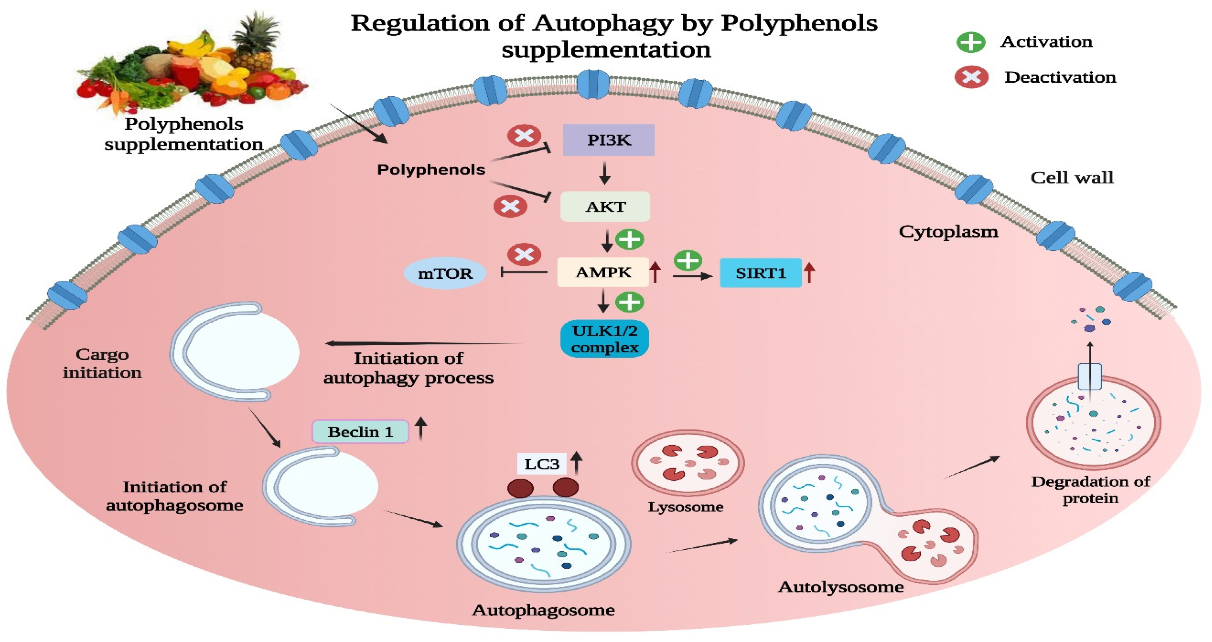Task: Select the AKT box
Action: point(605,207)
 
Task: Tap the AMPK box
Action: point(603,272)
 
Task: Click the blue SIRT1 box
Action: point(760,273)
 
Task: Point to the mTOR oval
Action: point(445,273)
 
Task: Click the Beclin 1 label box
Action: point(360,431)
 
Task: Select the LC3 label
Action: point(542,464)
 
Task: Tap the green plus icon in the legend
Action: point(971,42)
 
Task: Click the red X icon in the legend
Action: point(971,77)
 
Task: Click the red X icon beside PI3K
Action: point(524,136)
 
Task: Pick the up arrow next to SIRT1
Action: point(809,272)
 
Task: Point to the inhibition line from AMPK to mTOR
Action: point(524,272)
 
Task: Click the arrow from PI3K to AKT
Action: point(605,173)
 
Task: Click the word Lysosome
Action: point(686,506)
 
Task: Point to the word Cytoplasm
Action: point(948,231)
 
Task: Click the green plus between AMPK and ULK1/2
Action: point(629,302)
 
